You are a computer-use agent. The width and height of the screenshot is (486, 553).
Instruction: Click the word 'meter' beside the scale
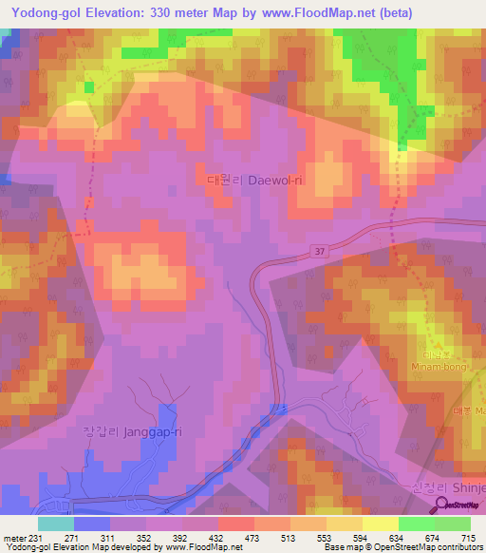point(12,537)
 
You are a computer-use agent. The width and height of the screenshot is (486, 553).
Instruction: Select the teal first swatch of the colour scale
point(55,524)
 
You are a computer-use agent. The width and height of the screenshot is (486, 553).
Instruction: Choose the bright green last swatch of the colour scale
point(452,524)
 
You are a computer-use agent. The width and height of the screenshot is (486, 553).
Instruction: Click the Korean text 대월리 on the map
point(220,178)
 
